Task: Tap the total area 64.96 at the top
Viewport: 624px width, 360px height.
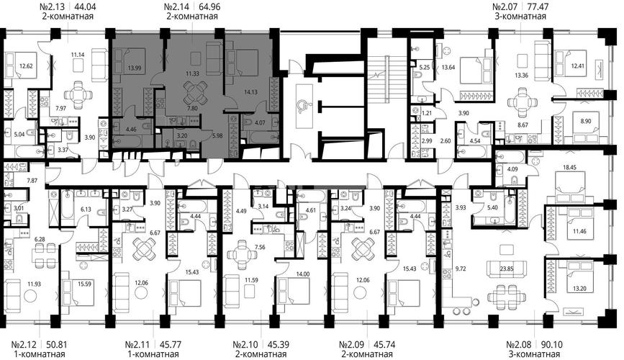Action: (x=209, y=6)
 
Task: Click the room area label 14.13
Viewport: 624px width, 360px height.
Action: (x=250, y=92)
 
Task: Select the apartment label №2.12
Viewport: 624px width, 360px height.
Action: (x=24, y=344)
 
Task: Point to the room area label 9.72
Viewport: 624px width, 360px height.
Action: (x=460, y=269)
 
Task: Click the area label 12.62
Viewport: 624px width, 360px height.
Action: (x=26, y=66)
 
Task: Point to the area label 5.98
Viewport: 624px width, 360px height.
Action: (x=217, y=135)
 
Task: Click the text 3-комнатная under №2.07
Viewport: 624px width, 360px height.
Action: (x=522, y=17)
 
